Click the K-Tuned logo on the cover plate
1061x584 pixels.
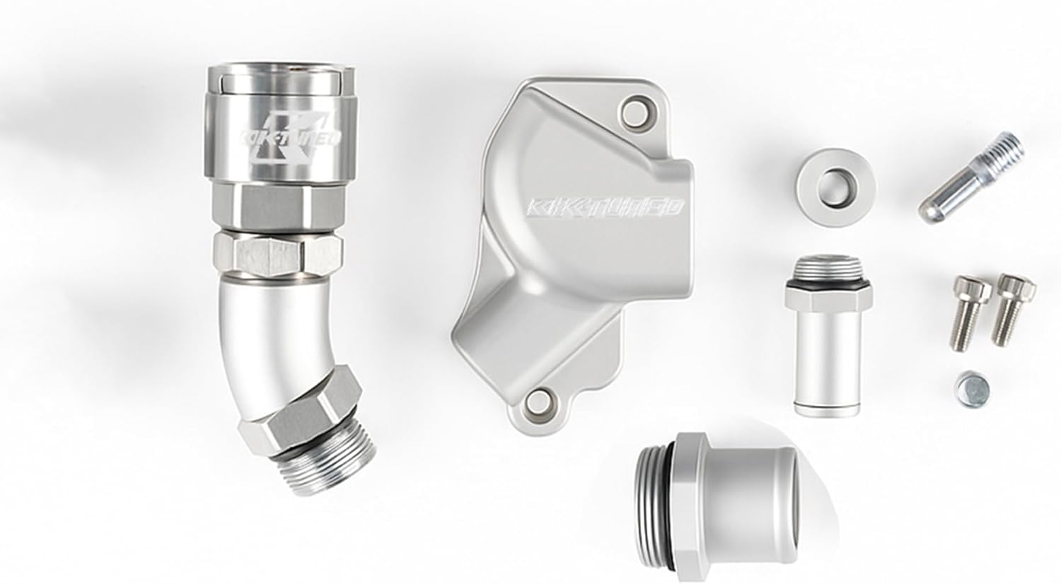(x=605, y=206)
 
